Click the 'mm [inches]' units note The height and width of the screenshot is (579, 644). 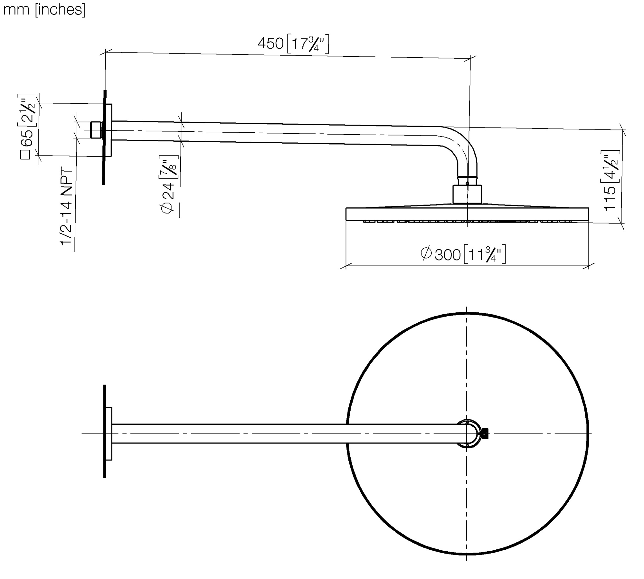click(44, 10)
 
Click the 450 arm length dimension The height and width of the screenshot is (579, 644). click(270, 44)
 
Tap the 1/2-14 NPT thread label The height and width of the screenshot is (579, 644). click(67, 206)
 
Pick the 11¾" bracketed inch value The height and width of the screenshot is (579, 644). click(485, 254)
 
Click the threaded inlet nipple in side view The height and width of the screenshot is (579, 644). click(96, 130)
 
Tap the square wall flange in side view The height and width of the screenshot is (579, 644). click(109, 130)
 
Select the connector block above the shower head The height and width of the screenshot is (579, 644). click(467, 194)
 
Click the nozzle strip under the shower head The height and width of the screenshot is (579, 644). click(467, 222)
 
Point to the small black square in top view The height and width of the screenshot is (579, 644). click(485, 433)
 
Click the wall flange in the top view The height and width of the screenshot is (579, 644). click(109, 433)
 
